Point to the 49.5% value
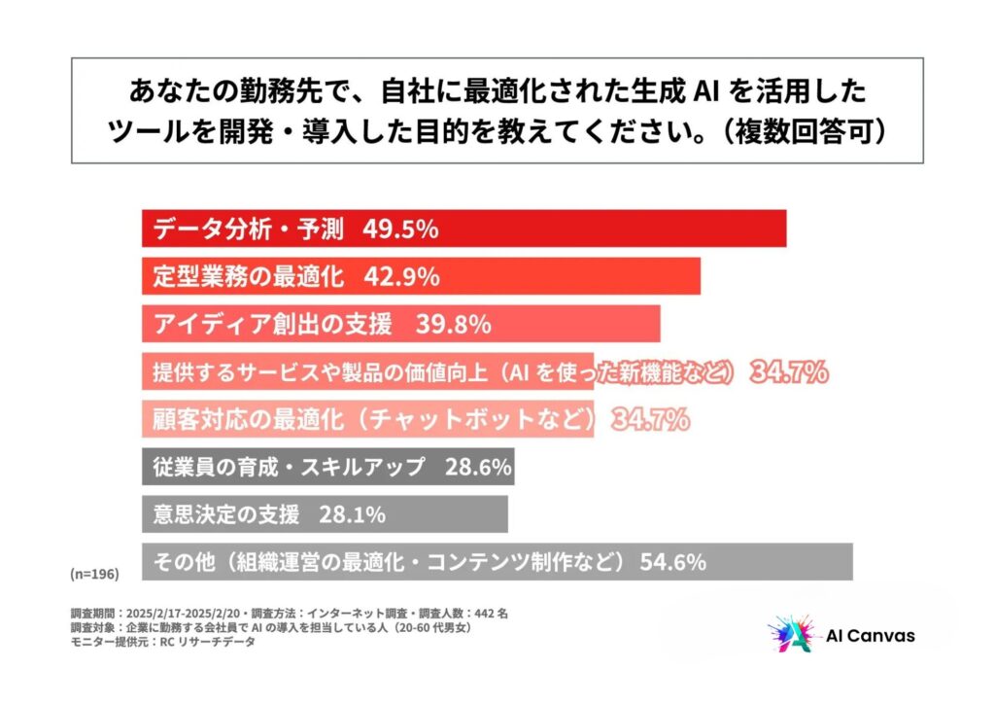pos(400,230)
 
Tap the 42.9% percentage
pos(400,276)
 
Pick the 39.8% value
pos(452,324)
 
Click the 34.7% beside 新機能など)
pos(788,371)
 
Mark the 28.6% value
pos(478,467)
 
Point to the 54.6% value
pos(671,562)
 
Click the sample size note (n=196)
pos(94,575)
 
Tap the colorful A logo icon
pos(788,636)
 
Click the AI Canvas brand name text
pos(870,636)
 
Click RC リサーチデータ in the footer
pos(208,642)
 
